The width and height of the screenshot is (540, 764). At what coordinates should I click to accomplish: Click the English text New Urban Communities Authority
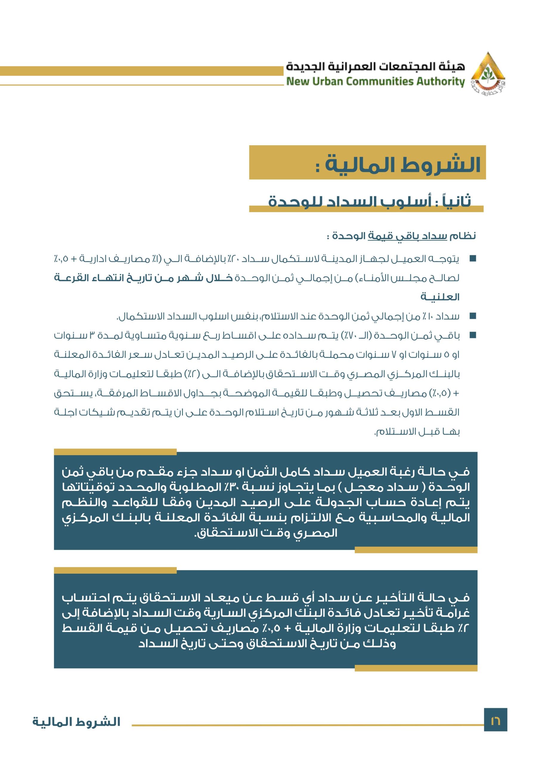(375, 81)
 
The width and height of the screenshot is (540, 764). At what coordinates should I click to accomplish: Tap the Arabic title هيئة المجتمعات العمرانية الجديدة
(375, 67)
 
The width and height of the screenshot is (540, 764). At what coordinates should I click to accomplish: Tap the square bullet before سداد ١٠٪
(473, 316)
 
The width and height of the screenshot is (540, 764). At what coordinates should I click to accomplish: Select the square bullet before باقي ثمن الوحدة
(473, 335)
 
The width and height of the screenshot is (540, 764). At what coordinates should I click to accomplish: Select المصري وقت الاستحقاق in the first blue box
(266, 533)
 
